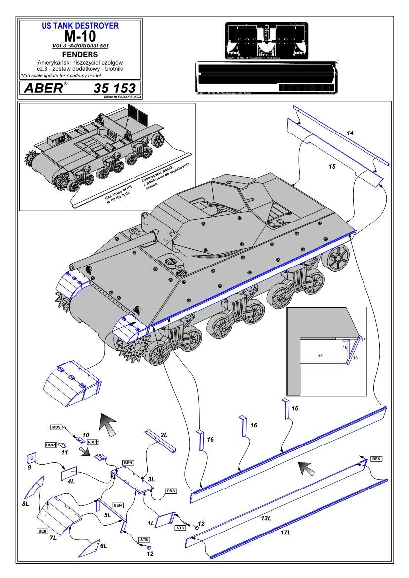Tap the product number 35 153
click(x=114, y=89)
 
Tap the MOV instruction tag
click(x=56, y=426)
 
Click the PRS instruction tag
click(x=171, y=491)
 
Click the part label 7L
click(x=53, y=538)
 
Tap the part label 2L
click(x=164, y=434)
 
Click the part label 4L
click(x=71, y=480)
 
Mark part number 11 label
click(x=64, y=452)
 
